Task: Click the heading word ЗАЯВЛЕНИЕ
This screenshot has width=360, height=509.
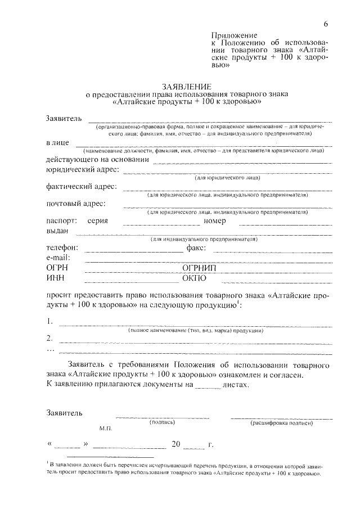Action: [186, 87]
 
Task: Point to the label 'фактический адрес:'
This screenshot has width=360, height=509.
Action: [81, 186]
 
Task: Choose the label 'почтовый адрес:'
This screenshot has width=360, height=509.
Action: [75, 204]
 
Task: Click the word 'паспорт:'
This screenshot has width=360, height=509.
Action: [61, 221]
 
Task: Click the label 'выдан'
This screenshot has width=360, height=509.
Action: [57, 231]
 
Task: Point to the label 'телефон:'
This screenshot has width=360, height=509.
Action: [62, 248]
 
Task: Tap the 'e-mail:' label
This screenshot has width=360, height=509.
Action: [58, 257]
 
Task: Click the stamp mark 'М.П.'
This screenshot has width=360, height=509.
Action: [106, 429]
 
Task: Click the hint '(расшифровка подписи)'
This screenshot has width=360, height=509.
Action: [281, 422]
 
